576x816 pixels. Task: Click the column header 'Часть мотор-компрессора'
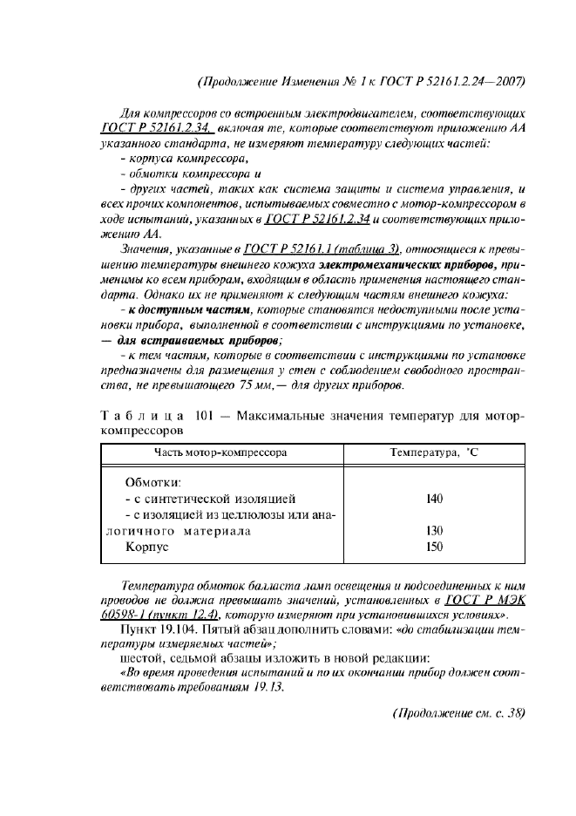(220, 453)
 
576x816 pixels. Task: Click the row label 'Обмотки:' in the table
(155, 482)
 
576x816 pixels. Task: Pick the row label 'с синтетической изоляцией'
(211, 500)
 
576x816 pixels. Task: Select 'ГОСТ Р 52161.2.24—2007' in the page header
(451, 83)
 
